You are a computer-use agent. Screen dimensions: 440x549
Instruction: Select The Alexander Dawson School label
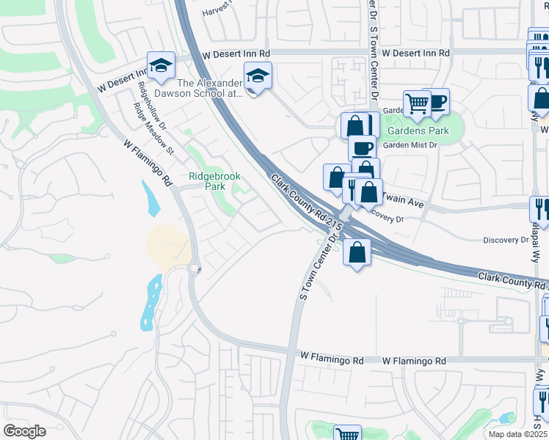(198, 88)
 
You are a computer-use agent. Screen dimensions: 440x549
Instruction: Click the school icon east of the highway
(258, 76)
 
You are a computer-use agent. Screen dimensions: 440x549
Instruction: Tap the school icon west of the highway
(161, 66)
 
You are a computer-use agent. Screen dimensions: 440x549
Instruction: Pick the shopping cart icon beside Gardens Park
(417, 105)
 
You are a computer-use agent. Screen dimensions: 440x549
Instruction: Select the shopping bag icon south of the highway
(357, 253)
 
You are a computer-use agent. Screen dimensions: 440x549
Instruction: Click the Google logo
(25, 430)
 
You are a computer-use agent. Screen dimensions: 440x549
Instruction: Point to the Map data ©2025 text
(518, 434)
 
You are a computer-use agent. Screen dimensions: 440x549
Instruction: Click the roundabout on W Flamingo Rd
(195, 269)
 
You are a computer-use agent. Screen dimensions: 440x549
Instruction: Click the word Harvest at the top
(217, 11)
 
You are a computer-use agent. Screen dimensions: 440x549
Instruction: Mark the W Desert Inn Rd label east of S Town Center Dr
(415, 54)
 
